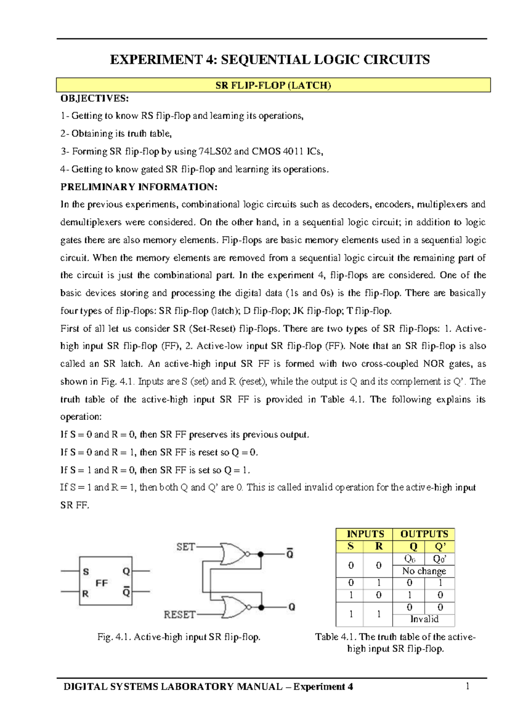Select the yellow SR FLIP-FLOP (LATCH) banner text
[x=273, y=85]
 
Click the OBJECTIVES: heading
[x=94, y=98]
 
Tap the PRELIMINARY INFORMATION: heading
[x=139, y=187]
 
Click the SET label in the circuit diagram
[x=186, y=547]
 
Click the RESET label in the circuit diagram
[x=179, y=615]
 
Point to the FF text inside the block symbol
[x=102, y=583]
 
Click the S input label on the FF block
[x=86, y=571]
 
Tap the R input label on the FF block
[x=85, y=593]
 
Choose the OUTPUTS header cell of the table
[x=424, y=534]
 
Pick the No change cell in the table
[x=424, y=571]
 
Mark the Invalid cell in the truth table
[x=424, y=619]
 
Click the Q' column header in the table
[x=440, y=546]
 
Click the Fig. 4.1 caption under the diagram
[x=178, y=637]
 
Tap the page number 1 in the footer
[x=467, y=686]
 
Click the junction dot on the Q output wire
[x=261, y=607]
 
